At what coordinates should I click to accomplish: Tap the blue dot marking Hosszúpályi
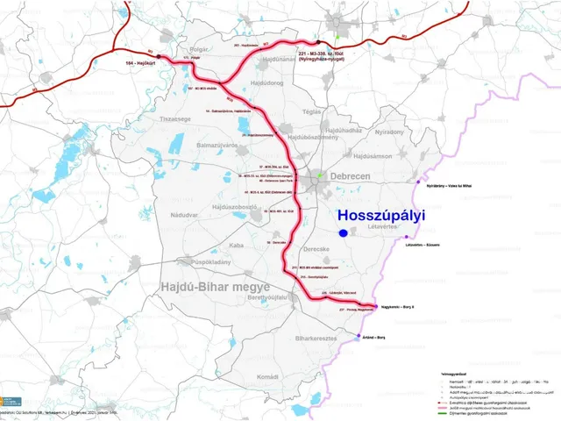coord(340,232)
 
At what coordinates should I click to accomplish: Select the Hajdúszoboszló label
coord(227,206)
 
